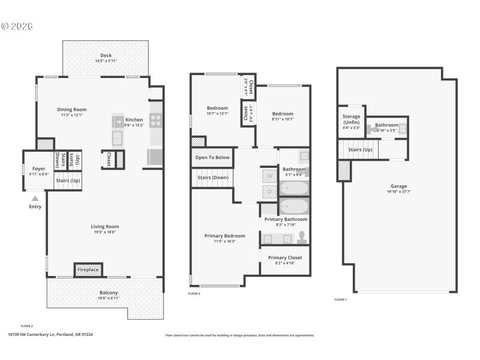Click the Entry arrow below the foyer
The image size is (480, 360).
click(35, 198)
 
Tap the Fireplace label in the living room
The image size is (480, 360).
click(88, 270)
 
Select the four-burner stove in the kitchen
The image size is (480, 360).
click(155, 121)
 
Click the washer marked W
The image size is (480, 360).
click(269, 176)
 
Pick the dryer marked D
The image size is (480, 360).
click(269, 191)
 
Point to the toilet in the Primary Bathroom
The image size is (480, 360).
click(302, 238)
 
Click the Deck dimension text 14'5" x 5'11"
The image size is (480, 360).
click(106, 61)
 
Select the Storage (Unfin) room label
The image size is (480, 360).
click(351, 119)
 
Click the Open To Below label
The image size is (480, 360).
click(212, 158)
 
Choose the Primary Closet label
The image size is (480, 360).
click(285, 257)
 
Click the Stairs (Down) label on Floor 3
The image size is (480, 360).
click(212, 178)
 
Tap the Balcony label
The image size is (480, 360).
click(109, 293)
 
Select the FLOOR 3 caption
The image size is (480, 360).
click(194, 293)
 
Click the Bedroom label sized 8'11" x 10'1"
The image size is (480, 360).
click(283, 113)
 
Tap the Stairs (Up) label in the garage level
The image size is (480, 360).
click(360, 149)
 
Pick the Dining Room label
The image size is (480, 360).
click(72, 109)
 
